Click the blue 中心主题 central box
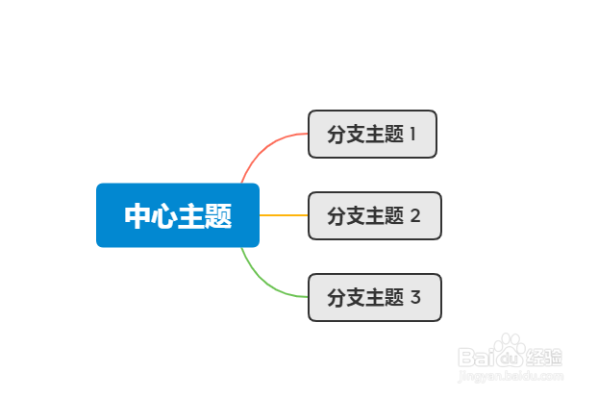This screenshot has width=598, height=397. (178, 215)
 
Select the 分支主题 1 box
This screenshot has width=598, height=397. (372, 134)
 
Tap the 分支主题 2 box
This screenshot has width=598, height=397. (374, 215)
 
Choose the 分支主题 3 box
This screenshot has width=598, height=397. (374, 297)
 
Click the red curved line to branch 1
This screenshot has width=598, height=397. (263, 152)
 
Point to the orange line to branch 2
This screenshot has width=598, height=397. (284, 215)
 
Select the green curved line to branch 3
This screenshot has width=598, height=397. (263, 279)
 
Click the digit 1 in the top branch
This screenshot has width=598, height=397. (412, 135)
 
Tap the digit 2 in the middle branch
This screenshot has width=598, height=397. (415, 216)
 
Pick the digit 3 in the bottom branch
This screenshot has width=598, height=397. (415, 298)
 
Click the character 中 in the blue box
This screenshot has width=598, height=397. (137, 216)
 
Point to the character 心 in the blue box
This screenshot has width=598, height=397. (164, 216)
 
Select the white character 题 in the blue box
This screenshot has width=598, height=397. (219, 216)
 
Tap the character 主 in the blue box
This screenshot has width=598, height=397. (192, 216)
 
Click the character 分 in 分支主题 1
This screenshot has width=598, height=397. (336, 135)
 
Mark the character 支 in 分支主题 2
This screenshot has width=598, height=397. (356, 216)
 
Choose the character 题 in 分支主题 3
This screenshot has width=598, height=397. (393, 298)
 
